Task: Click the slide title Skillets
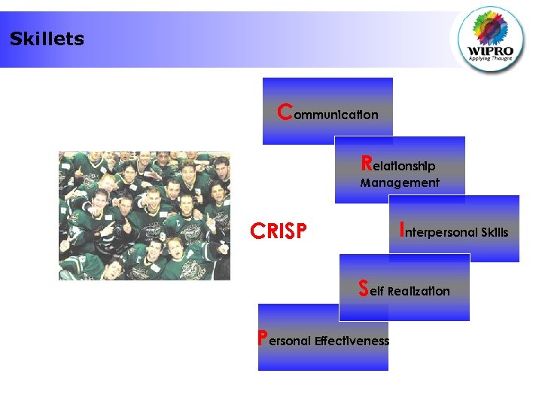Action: pyautogui.click(x=47, y=39)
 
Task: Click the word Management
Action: pyautogui.click(x=400, y=182)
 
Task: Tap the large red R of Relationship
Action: pyautogui.click(x=366, y=163)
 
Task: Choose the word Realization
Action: pyautogui.click(x=419, y=291)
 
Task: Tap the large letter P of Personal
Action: pyautogui.click(x=262, y=338)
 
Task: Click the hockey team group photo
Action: pyautogui.click(x=145, y=216)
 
